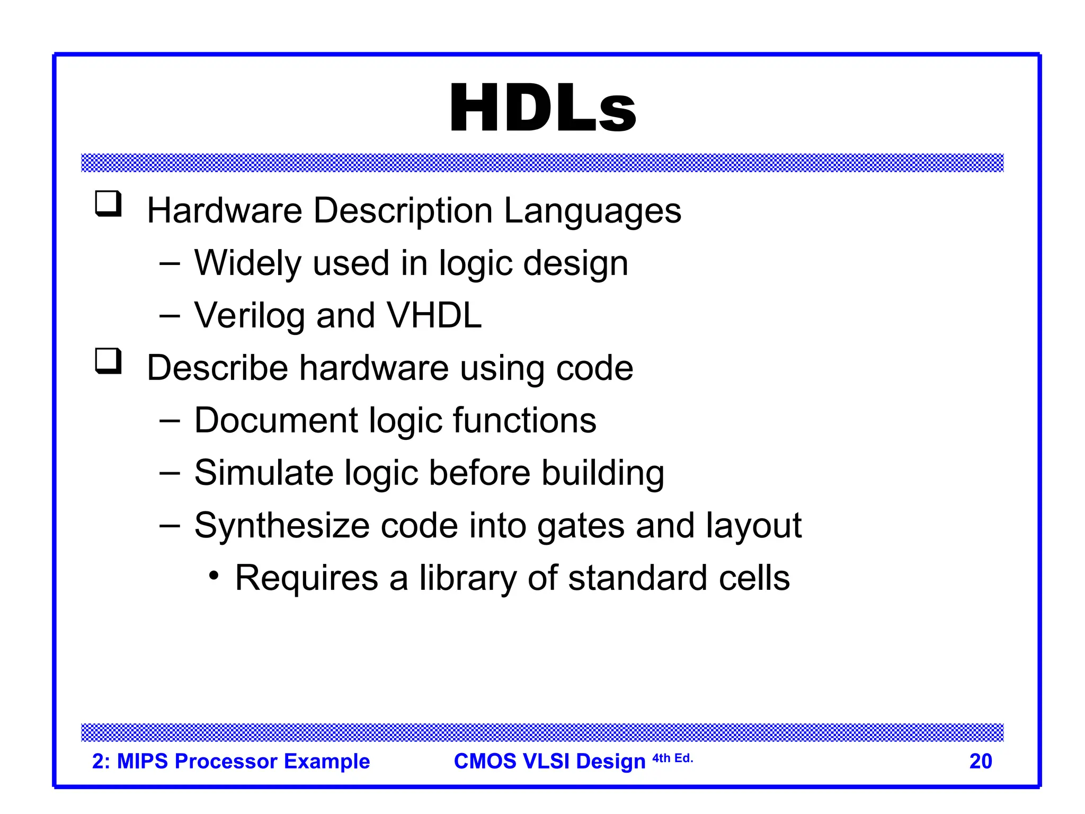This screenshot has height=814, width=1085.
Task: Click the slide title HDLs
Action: point(542,109)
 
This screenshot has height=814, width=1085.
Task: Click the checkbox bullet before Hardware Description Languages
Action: point(109,204)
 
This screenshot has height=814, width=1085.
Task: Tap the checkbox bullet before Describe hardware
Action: point(109,361)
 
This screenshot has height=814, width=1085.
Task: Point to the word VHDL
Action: point(434,315)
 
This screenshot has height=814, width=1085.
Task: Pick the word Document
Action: point(276,420)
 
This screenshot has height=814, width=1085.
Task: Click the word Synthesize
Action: point(281,526)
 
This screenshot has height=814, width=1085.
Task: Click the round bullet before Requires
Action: point(214,576)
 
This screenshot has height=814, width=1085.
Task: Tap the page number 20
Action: point(980,761)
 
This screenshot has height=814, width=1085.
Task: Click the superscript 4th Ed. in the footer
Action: point(672,758)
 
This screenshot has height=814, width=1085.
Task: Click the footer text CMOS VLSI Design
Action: point(549,761)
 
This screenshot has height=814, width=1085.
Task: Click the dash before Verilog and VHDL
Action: point(170,316)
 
